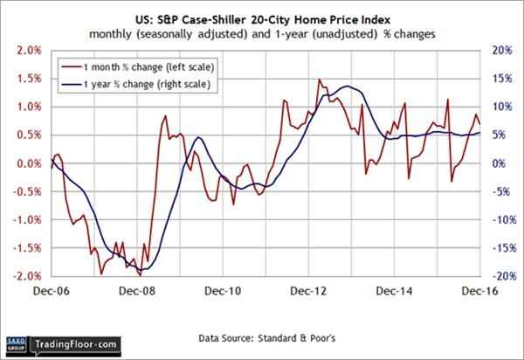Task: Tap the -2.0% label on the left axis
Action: [x=24, y=277]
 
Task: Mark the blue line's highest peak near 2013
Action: [x=348, y=87]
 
